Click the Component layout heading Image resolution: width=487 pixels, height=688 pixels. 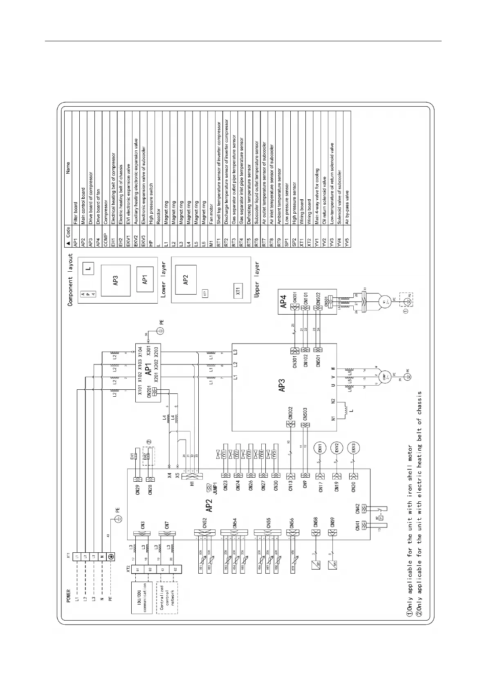point(70,280)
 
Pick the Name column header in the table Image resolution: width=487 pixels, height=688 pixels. point(68,168)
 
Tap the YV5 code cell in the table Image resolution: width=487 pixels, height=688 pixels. point(347,239)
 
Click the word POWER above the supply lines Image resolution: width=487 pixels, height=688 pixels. point(68,596)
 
